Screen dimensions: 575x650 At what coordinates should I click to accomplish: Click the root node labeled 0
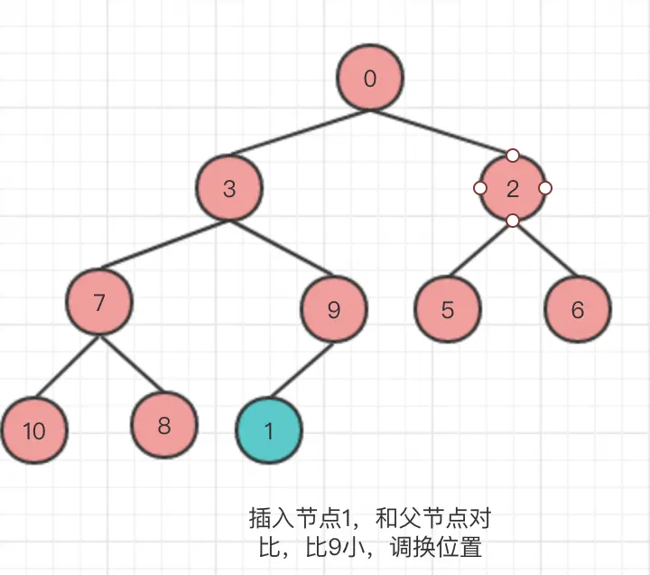click(x=369, y=79)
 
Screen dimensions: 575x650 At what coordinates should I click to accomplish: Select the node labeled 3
click(x=229, y=189)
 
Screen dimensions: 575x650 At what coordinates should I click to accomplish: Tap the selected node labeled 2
click(x=512, y=189)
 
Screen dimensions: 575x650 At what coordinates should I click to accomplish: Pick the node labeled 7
click(x=99, y=302)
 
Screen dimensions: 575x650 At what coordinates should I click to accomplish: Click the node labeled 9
click(x=334, y=310)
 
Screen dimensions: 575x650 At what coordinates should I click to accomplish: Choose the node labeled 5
click(x=448, y=310)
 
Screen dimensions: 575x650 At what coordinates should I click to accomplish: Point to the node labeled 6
click(x=578, y=310)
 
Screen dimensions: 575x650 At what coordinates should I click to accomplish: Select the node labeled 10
click(x=33, y=430)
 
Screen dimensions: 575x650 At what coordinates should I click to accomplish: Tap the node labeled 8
click(x=163, y=425)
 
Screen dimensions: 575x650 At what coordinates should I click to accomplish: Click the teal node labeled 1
click(x=268, y=430)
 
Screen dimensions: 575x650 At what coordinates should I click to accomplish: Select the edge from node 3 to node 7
click(x=165, y=245)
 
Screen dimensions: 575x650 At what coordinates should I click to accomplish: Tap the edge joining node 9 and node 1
click(x=303, y=368)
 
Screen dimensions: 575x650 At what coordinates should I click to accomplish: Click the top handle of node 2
click(x=512, y=156)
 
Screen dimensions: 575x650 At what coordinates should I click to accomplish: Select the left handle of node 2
click(x=479, y=188)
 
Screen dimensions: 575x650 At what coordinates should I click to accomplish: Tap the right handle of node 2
click(x=545, y=188)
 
